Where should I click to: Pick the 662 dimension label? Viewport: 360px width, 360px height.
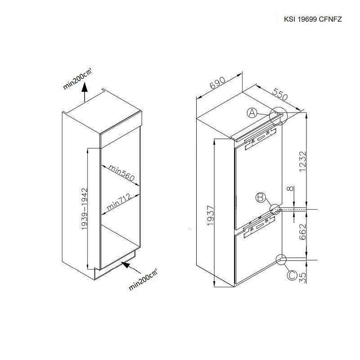click(303, 234)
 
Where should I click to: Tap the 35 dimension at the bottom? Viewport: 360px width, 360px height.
click(303, 275)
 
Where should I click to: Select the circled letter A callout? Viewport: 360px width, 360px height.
click(252, 113)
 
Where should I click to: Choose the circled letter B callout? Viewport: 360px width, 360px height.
click(260, 197)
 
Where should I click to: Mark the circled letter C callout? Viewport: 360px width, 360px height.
click(292, 274)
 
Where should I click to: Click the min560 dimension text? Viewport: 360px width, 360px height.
click(121, 173)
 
